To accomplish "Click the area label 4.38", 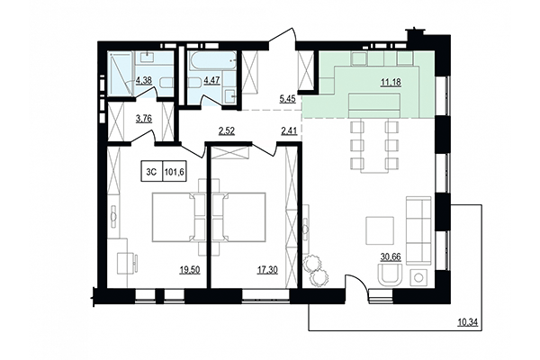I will coord(142,79).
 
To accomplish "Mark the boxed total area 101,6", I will coord(174,175).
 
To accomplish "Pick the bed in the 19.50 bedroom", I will coord(171,217).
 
